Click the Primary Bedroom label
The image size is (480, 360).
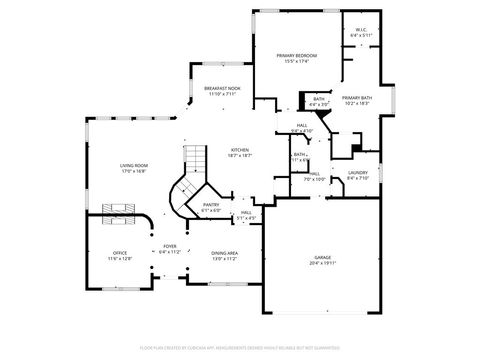point(297,55)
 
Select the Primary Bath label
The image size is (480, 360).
point(356,98)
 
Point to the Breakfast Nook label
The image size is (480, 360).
point(222,88)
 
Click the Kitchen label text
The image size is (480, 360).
point(239,150)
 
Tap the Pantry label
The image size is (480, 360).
point(211,204)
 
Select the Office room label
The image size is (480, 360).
point(119,253)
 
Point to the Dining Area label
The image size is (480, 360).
point(224,253)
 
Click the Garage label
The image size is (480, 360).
point(322,257)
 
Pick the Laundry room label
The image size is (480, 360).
point(357,173)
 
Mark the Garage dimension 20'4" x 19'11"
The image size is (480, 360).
point(322,263)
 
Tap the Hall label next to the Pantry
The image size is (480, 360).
point(246,213)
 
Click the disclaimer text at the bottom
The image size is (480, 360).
point(240,350)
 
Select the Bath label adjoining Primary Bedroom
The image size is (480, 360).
point(319,98)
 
